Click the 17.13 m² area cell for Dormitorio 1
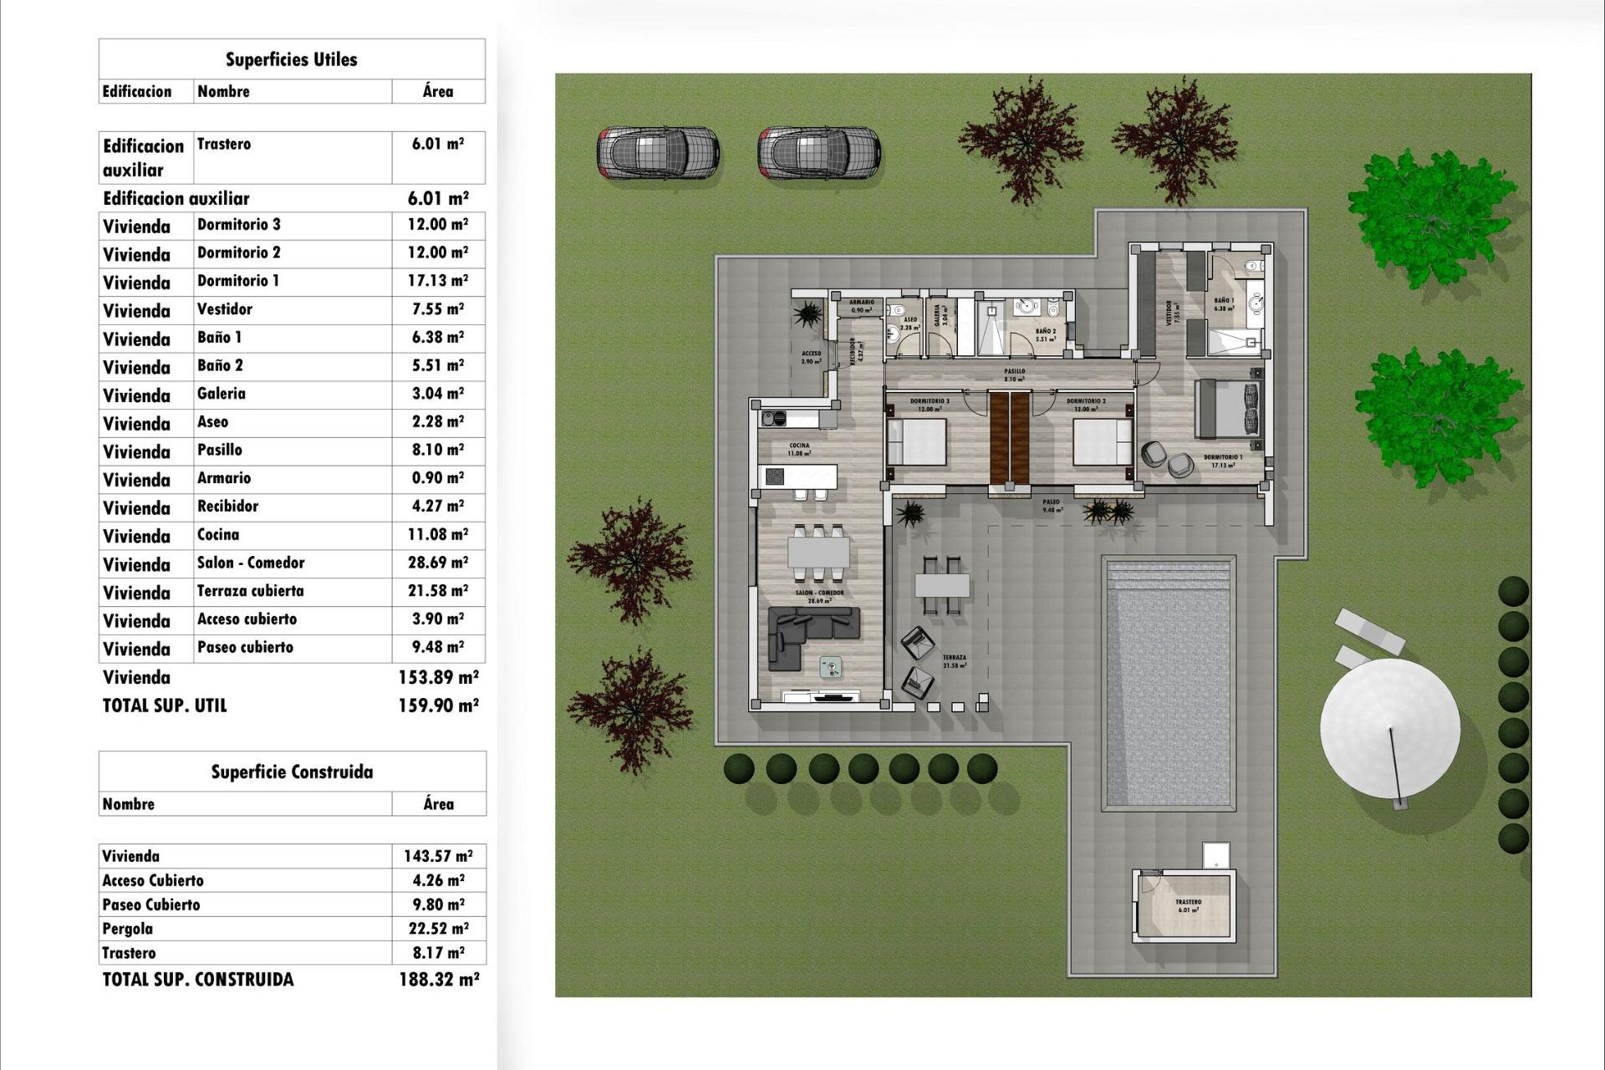437,281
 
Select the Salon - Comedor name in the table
251,563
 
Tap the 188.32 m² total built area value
439,979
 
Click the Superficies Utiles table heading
291,59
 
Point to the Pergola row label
128,929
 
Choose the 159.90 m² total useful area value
438,706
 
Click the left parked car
658,153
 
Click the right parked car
819,153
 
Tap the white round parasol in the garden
1389,727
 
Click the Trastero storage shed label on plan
1188,905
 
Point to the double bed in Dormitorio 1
1226,409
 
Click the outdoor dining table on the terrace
942,584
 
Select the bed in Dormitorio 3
916,442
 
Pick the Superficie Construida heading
292,772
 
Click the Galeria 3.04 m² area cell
437,394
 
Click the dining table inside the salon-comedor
818,553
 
